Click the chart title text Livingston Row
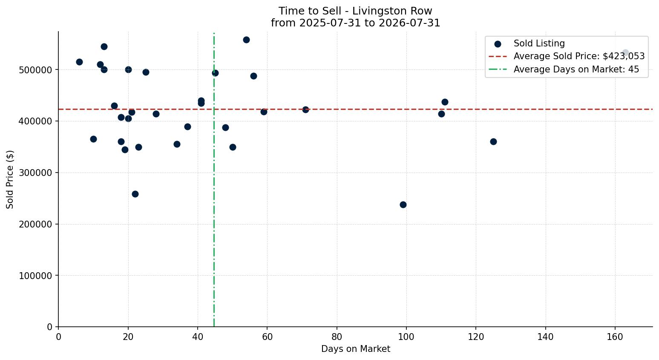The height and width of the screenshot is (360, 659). (392, 11)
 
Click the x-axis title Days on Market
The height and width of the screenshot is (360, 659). (355, 349)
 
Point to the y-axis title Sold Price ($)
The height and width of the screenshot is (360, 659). (10, 179)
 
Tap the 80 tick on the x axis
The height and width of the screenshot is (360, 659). (337, 337)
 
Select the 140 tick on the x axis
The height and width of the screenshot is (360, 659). (546, 337)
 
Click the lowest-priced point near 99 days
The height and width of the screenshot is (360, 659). (403, 204)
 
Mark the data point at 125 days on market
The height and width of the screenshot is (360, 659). (493, 142)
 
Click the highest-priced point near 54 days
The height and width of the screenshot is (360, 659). (246, 40)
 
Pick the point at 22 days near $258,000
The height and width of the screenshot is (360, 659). (135, 194)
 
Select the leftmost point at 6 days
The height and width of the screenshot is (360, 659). (79, 62)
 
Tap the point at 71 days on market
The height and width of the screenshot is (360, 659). (306, 110)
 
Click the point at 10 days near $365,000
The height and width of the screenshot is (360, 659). (93, 139)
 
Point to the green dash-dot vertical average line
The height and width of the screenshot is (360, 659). (214, 180)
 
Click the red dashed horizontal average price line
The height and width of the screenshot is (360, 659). (355, 109)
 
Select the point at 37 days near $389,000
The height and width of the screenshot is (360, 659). (187, 127)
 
